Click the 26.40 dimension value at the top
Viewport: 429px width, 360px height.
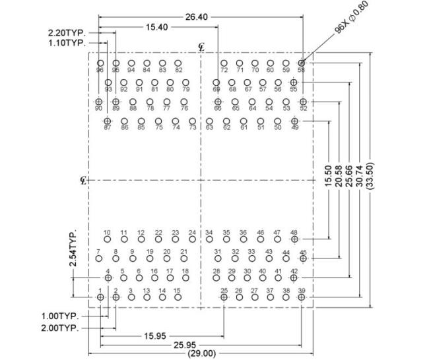pos(197,17)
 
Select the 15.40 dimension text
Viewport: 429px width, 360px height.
pos(156,27)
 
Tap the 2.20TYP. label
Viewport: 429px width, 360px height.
pos(67,33)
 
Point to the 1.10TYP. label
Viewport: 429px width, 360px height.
pos(67,43)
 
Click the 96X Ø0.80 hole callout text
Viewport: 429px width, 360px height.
pos(352,17)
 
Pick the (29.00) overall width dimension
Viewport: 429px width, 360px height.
pos(202,353)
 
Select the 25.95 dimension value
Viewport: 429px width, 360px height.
pos(185,345)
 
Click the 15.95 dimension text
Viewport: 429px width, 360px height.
pos(155,336)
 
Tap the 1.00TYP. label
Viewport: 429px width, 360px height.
pos(60,316)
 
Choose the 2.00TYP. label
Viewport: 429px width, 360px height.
pos(60,328)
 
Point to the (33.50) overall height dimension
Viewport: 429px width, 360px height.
pos(370,175)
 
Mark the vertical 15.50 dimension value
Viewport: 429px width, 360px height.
pos(328,176)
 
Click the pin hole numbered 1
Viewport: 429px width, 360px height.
pos(100,297)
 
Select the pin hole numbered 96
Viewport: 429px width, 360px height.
pos(100,63)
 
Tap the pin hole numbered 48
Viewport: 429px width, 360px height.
pos(294,239)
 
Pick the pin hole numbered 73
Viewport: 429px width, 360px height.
pos(192,121)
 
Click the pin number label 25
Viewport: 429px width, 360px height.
pos(224,290)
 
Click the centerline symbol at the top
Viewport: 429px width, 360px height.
pos(201,47)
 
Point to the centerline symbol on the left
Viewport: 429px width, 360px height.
pos(83,180)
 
